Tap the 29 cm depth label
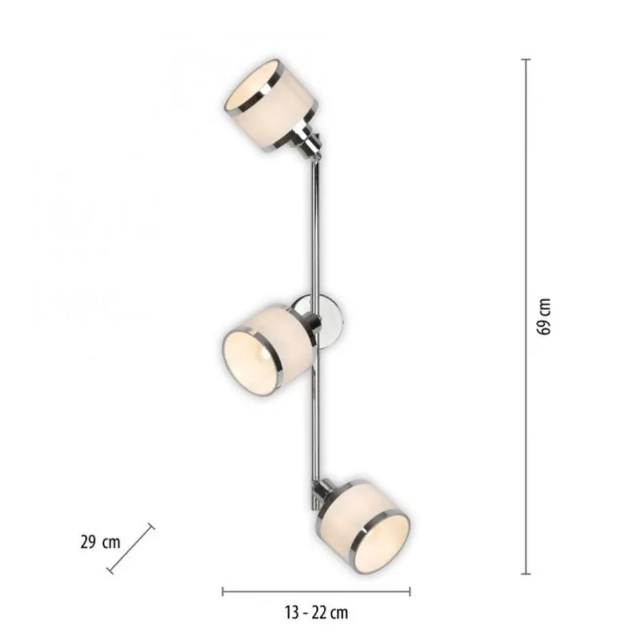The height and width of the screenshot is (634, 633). pos(100,542)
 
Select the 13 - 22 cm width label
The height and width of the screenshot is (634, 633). pos(315,612)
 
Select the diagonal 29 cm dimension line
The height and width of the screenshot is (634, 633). pos(131,550)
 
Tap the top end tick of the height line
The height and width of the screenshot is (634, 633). pos(526,59)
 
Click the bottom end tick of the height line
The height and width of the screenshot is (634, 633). pos(526,574)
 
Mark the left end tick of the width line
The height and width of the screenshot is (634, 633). pos(223,592)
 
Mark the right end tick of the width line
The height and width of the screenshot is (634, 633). pos(409,592)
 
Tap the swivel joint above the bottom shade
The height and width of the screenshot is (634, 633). pos(318,494)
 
